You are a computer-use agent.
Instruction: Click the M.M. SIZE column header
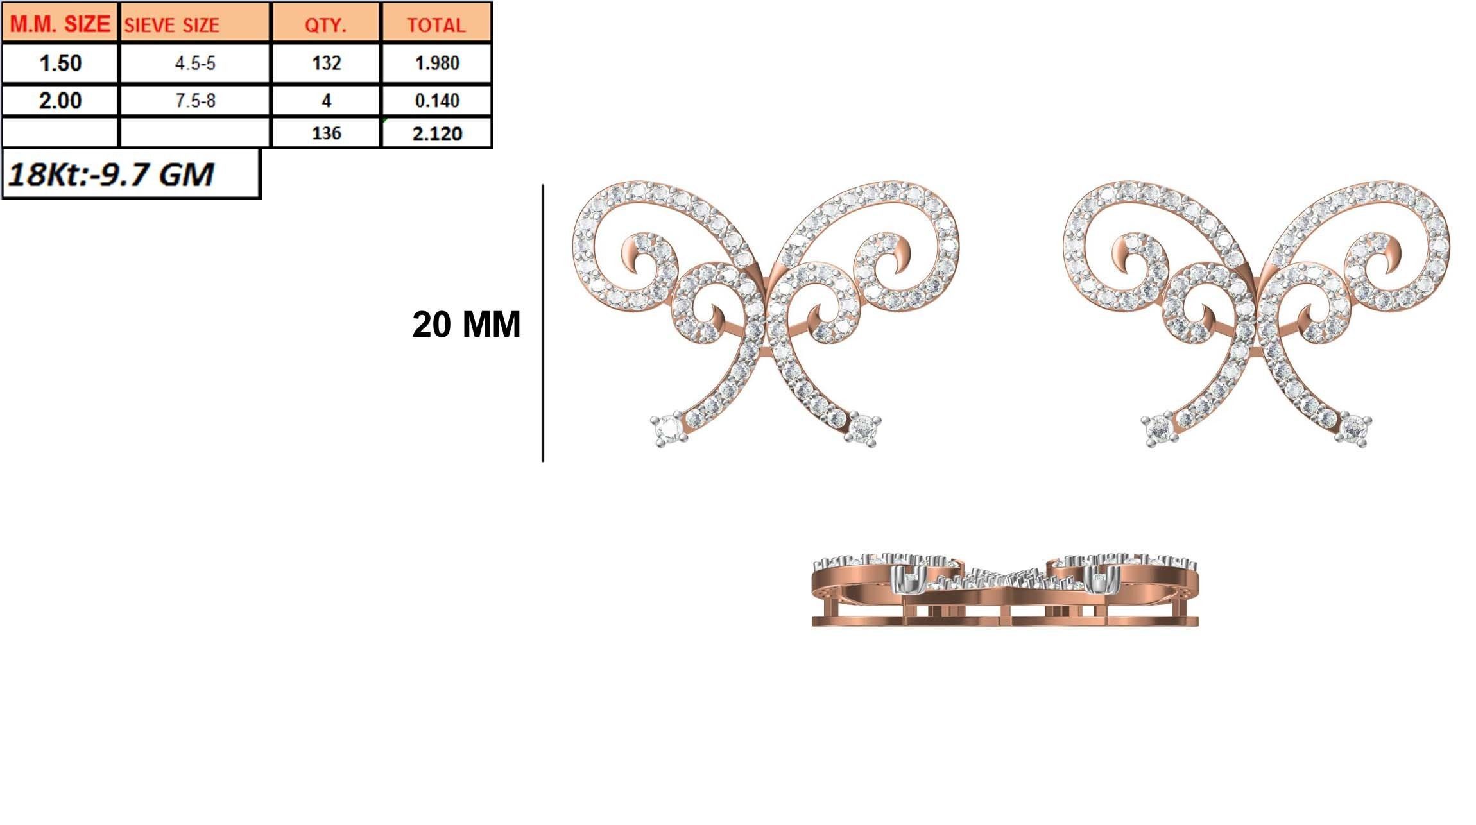click(60, 24)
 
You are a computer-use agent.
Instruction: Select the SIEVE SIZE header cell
click(171, 25)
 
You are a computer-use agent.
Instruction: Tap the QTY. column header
click(325, 25)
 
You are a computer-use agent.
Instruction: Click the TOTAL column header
click(436, 25)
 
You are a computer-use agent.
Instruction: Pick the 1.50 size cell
click(60, 63)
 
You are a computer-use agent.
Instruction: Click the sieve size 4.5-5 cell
click(195, 63)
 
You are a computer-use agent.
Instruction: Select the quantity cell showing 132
click(326, 63)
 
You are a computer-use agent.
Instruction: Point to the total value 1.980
click(437, 63)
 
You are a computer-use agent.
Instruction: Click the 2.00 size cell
click(60, 100)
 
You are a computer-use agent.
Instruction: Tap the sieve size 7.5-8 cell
click(195, 100)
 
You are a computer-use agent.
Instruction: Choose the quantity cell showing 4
click(326, 100)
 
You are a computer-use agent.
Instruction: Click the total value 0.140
click(437, 100)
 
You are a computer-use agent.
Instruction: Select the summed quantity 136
click(326, 133)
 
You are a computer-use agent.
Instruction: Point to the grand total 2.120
click(437, 133)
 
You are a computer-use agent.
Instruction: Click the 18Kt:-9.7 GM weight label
click(110, 174)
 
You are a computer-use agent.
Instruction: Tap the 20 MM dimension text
click(466, 325)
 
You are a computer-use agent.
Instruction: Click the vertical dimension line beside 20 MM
click(543, 323)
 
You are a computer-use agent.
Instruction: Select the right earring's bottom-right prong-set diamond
click(1354, 428)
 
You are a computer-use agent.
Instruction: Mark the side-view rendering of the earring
click(1005, 590)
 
